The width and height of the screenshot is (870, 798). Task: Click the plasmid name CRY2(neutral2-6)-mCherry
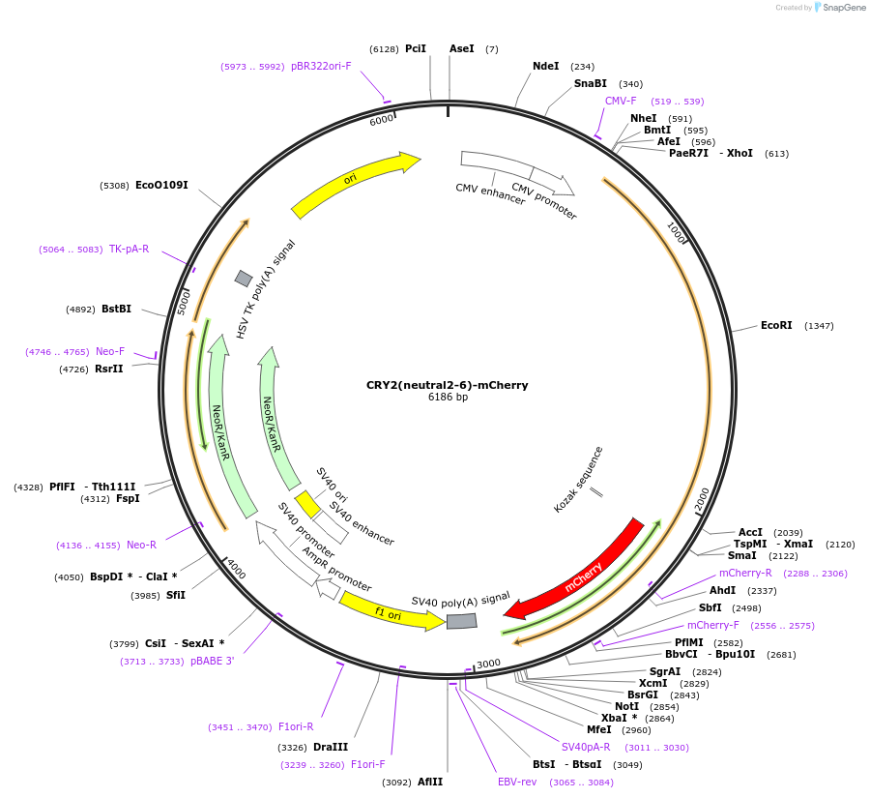pyautogui.click(x=447, y=385)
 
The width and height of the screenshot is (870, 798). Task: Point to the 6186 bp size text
pyautogui.click(x=448, y=398)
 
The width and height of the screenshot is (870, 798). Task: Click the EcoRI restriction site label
pyautogui.click(x=776, y=326)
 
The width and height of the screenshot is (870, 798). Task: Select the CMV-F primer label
pyautogui.click(x=621, y=101)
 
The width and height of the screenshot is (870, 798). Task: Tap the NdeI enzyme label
pyautogui.click(x=546, y=67)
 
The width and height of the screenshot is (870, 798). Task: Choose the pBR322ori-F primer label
pyautogui.click(x=321, y=67)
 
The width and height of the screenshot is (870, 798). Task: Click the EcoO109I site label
pyautogui.click(x=161, y=185)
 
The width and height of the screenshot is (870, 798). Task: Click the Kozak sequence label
pyautogui.click(x=579, y=479)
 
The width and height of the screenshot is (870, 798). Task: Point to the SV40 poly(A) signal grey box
pyautogui.click(x=461, y=621)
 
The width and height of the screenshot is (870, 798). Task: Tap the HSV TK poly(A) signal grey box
pyautogui.click(x=244, y=279)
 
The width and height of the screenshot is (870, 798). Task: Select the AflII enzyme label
pyautogui.click(x=430, y=783)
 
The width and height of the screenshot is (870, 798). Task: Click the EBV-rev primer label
pyautogui.click(x=517, y=782)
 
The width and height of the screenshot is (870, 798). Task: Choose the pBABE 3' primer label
pyautogui.click(x=212, y=662)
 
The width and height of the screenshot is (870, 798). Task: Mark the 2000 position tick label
pyautogui.click(x=703, y=498)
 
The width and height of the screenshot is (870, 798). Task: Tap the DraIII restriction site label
pyautogui.click(x=331, y=748)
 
